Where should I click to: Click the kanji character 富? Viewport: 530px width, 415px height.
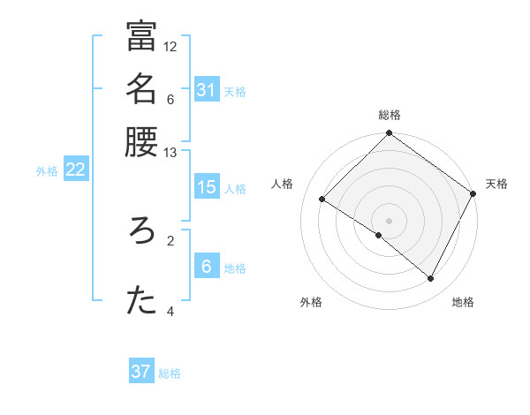pos(141,37)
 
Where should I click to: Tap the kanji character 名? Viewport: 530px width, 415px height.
pos(141,89)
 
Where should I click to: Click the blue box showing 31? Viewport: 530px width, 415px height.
pos(206,90)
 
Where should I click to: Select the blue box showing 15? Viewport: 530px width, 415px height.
pos(206,187)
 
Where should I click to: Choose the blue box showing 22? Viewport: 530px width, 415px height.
pos(75,170)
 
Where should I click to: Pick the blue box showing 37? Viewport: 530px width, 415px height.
pos(141,372)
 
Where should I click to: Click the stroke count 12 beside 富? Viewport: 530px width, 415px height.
pos(170,46)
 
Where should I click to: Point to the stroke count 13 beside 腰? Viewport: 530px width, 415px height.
pos(170,153)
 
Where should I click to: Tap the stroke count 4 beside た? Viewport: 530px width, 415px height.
pos(170,312)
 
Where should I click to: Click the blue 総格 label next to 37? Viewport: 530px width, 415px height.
pos(170,373)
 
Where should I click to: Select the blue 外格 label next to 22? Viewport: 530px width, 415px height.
pos(47,171)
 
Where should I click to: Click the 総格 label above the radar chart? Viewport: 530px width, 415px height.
pos(390,115)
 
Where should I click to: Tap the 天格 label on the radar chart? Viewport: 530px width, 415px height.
pos(496,184)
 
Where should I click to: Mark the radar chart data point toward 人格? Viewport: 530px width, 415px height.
pos(322,200)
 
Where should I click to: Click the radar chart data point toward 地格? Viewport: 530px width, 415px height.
pos(431,279)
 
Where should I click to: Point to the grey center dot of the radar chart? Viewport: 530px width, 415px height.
pos(390,220)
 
